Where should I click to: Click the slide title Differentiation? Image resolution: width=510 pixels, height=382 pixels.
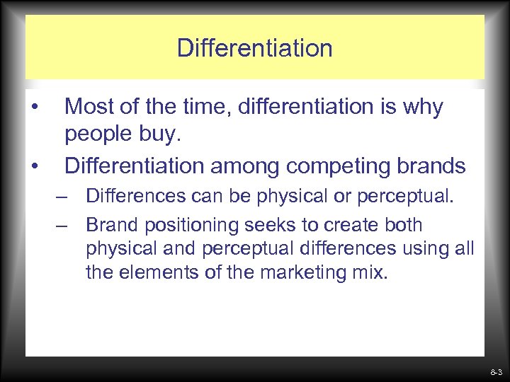[254, 48]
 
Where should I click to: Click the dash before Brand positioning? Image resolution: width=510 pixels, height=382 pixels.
[64, 226]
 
